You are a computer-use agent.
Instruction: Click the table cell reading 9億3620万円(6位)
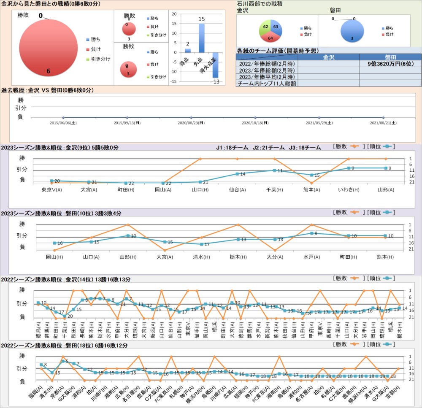tap(391, 64)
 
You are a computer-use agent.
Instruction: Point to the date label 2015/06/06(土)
tap(63, 123)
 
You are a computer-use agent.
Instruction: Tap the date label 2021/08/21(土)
tap(383, 123)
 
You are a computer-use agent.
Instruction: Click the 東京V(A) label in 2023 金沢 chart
tap(52, 190)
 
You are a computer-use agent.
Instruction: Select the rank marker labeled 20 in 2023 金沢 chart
tap(52, 181)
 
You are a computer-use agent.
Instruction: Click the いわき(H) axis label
tap(349, 190)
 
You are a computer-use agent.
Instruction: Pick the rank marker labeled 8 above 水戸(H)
tap(311, 233)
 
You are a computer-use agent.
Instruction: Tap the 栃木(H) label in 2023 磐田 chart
tap(238, 257)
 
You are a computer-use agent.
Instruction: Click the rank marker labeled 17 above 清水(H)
tap(201, 244)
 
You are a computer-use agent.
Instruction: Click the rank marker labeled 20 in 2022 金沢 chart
tap(65, 316)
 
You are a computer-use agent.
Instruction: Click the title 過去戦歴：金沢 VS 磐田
tap(47, 90)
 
